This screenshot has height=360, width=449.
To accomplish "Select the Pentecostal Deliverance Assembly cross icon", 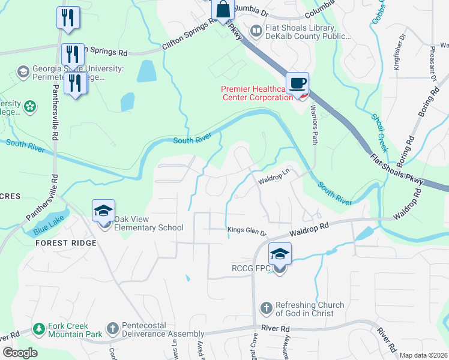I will pyautogui.click(x=112, y=329).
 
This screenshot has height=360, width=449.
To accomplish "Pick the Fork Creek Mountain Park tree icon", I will pyautogui.click(x=39, y=329).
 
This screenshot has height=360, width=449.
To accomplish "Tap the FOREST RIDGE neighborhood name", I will pyautogui.click(x=66, y=243).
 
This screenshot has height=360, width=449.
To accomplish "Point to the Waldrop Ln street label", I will pyautogui.click(x=274, y=180).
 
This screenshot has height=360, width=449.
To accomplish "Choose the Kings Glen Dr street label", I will pyautogui.click(x=246, y=230).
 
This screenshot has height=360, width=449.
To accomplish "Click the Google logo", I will pyautogui.click(x=20, y=353).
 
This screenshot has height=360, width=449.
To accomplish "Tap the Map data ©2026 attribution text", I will pyautogui.click(x=423, y=355).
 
